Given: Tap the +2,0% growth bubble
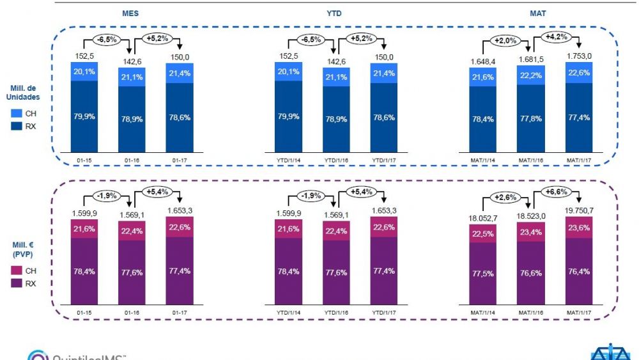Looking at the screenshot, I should point(505,42).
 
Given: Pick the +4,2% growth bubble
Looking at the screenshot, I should point(555,36).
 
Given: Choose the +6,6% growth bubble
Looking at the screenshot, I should point(555,192).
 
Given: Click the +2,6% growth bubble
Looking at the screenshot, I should point(505,197).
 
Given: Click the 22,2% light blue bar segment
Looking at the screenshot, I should point(531,75).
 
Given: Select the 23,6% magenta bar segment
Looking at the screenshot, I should point(579,226).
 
